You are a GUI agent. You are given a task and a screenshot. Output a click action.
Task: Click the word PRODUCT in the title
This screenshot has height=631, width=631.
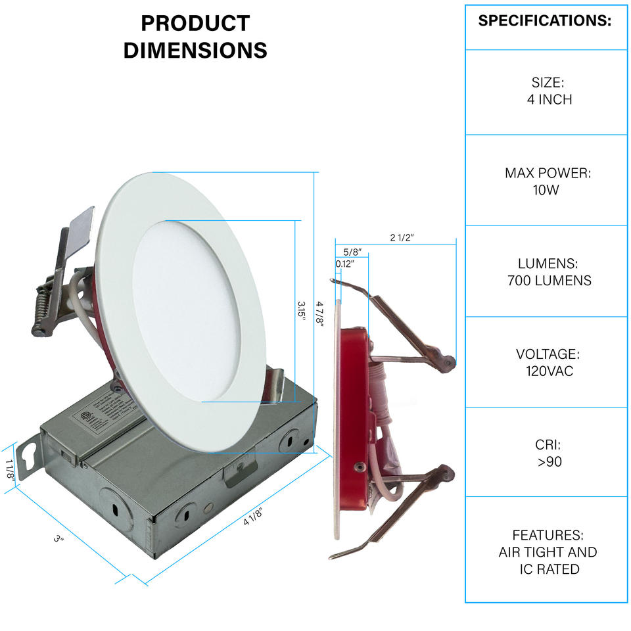[195, 24]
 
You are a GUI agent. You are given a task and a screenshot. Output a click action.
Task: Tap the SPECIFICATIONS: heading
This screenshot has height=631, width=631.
[545, 20]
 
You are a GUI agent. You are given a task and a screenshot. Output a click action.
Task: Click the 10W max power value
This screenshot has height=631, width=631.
[546, 191]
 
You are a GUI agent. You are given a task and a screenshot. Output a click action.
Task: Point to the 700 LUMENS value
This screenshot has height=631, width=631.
[549, 281]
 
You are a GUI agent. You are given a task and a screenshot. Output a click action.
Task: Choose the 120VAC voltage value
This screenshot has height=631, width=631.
[549, 371]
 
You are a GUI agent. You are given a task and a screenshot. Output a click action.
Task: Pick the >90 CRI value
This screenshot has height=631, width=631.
[548, 461]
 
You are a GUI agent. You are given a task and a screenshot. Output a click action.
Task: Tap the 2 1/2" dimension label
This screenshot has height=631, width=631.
[402, 238]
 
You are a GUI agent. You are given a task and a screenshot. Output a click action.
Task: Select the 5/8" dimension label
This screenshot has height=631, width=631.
[353, 251]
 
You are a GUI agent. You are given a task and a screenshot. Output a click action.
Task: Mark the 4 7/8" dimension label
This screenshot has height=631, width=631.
[320, 312]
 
